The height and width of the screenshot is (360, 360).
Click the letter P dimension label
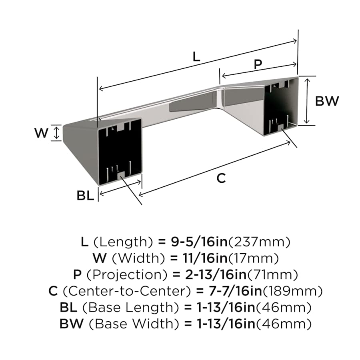pos(258,64)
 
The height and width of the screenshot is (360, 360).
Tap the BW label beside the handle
pos(327,101)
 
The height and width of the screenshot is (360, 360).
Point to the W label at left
pos(41,133)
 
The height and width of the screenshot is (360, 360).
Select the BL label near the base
pos(85,196)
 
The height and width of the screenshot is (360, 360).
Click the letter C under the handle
pos(221,178)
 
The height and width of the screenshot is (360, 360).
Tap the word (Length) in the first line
pos(122,242)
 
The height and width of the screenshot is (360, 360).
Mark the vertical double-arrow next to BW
pos(307,101)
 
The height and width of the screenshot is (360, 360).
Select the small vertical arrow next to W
pos(56,133)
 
